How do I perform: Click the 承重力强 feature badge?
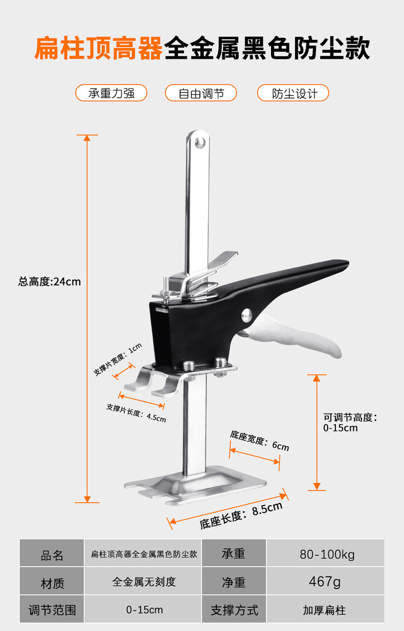[111, 93]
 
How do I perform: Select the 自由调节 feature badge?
[201, 93]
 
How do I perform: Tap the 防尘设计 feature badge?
[293, 93]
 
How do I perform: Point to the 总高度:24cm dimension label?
[50, 281]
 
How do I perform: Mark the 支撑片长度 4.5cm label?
[136, 412]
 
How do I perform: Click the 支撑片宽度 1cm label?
[118, 359]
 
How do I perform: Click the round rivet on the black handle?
[247, 316]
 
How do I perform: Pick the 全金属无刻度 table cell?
[144, 582]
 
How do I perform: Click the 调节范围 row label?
[52, 610]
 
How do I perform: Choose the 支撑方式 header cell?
[234, 610]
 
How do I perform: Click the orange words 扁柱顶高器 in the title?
[98, 49]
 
